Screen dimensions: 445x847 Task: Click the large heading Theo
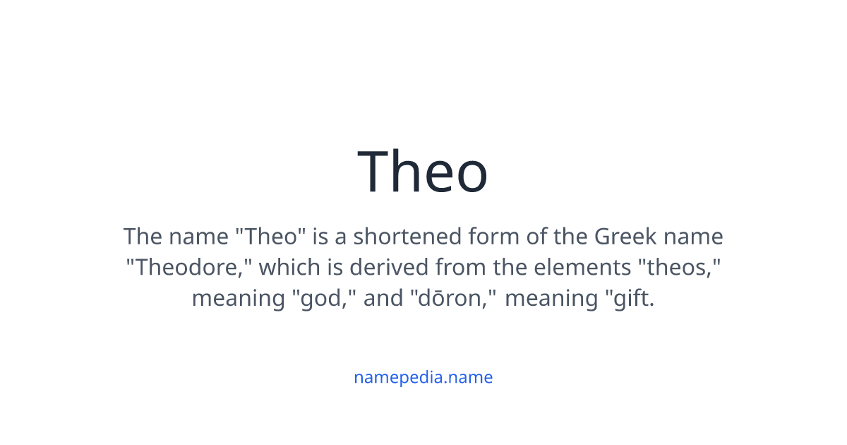point(423,172)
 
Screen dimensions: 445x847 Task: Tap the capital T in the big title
point(376,172)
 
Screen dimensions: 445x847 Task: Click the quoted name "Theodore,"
point(190,267)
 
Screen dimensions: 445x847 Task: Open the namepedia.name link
point(423,377)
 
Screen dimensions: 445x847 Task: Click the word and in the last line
point(383,298)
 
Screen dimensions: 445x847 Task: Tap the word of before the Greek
point(536,236)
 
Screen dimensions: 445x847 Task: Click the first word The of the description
point(144,236)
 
